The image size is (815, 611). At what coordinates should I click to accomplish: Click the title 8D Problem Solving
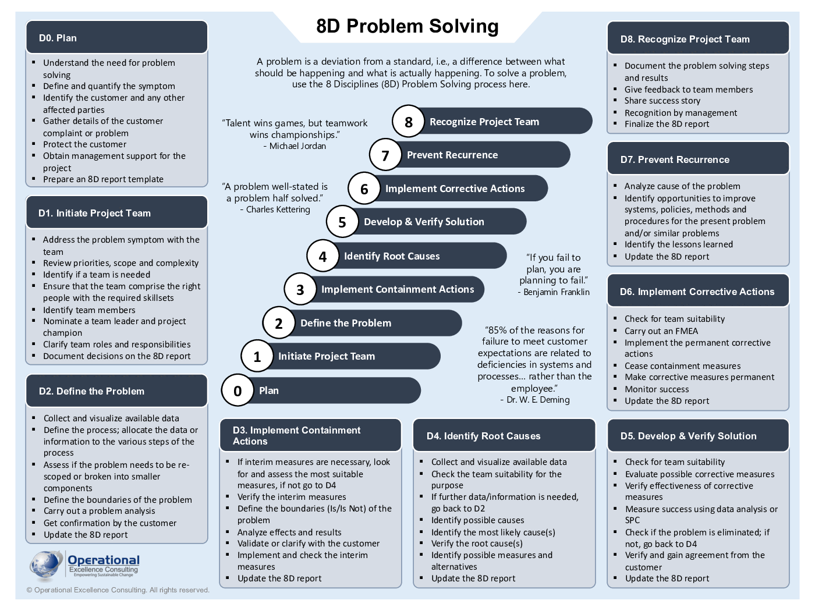pos(408,26)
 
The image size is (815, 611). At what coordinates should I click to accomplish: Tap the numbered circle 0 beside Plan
pos(238,390)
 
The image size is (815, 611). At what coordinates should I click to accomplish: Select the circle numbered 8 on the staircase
pos(408,122)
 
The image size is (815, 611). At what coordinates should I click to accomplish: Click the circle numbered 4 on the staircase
pos(323,256)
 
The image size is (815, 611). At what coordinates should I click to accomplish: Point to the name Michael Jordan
pos(297,146)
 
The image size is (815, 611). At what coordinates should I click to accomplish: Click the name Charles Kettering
pos(278,209)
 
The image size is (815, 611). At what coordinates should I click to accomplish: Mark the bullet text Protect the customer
pos(84,144)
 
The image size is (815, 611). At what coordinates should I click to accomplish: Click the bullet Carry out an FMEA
pos(661,331)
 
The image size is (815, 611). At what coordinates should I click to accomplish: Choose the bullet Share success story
pos(662,101)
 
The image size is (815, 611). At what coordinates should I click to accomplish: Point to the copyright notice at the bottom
pos(118,590)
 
